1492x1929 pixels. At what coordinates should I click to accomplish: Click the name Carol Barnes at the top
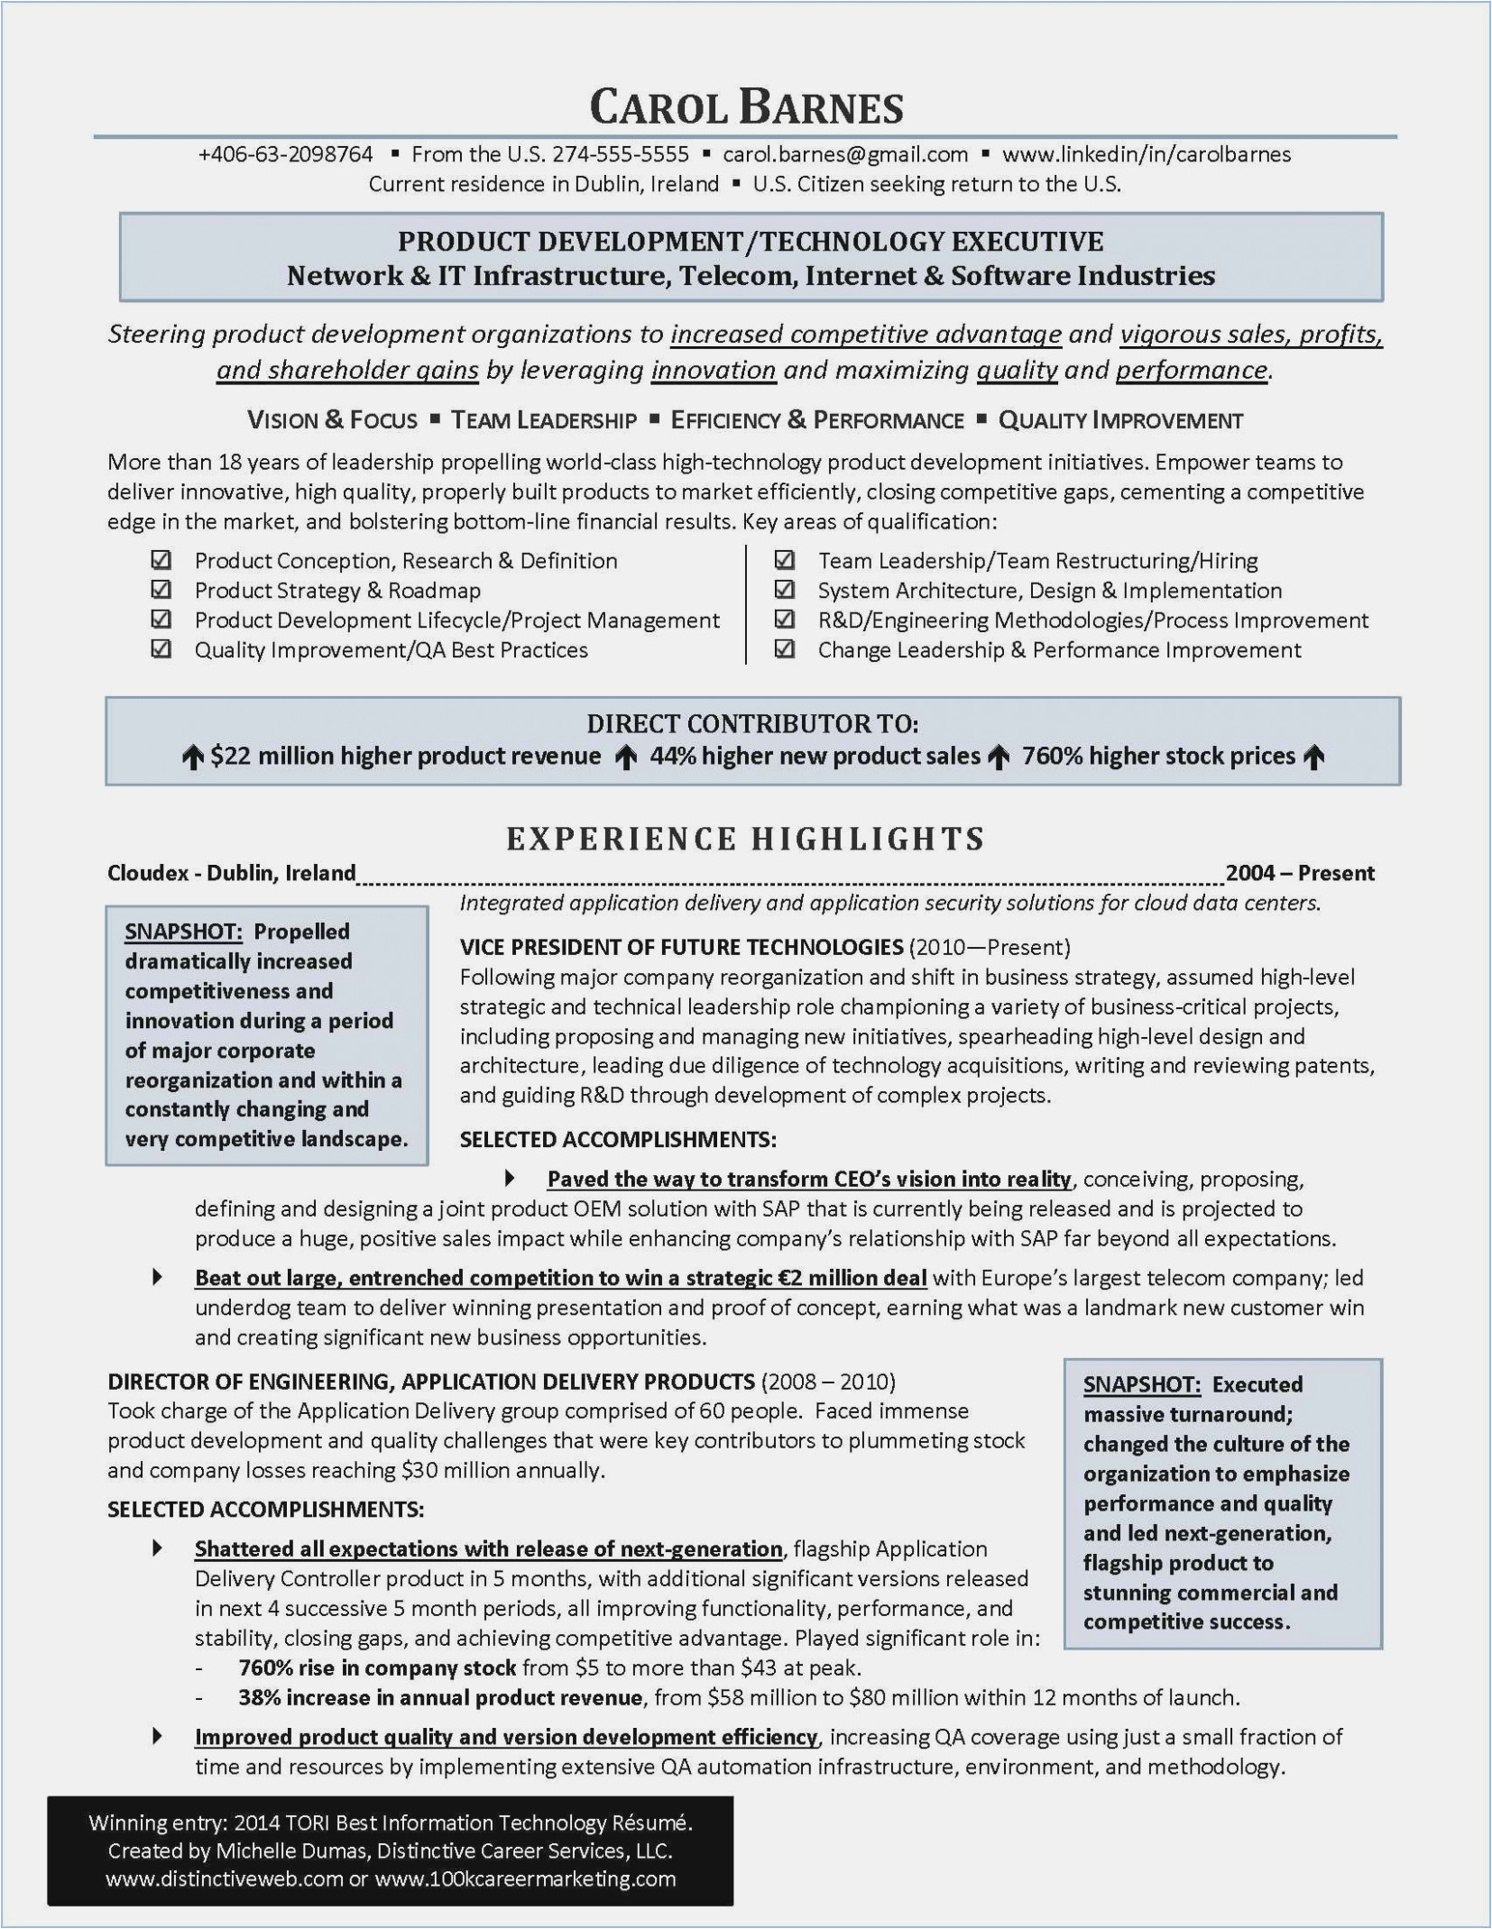(746, 108)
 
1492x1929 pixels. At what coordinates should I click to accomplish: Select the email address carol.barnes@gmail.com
(845, 154)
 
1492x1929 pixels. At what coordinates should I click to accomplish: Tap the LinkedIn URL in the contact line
(1146, 154)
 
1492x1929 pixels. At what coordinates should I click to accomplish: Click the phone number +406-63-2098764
(285, 154)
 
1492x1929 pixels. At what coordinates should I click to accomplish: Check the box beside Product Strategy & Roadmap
(161, 590)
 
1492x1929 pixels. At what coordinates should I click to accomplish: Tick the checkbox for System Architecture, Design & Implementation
(785, 590)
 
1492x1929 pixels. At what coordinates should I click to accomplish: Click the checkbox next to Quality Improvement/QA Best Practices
(161, 649)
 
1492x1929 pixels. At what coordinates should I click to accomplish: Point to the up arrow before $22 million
(192, 758)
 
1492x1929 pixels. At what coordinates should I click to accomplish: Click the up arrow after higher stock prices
(1315, 758)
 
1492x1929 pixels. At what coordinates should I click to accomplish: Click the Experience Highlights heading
(745, 839)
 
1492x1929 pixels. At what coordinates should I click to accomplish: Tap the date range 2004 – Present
(1300, 873)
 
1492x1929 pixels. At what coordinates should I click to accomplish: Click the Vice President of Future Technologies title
(681, 947)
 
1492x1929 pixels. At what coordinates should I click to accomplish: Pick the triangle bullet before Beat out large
(158, 1277)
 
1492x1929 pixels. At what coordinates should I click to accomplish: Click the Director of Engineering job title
(431, 1382)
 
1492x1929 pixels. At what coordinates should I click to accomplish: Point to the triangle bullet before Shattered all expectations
(158, 1548)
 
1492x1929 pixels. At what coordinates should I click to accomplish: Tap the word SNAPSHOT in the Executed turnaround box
(1141, 1384)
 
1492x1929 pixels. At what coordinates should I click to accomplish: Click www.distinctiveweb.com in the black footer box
(224, 1878)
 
